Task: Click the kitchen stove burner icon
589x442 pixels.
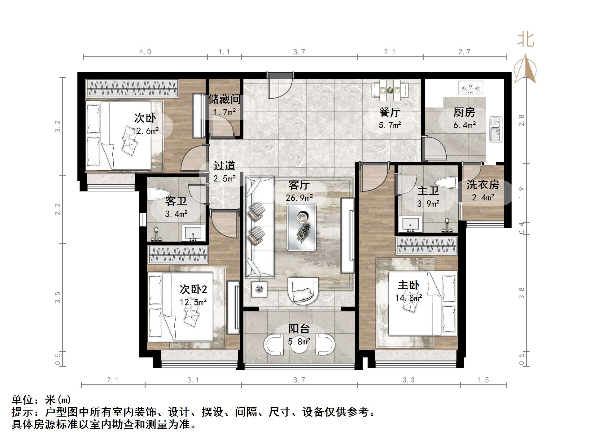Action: click(x=470, y=87)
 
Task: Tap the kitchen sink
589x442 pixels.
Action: click(x=495, y=129)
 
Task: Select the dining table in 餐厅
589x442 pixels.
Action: click(x=390, y=90)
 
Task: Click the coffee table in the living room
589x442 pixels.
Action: click(x=302, y=227)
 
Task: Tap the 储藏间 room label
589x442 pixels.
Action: click(x=225, y=99)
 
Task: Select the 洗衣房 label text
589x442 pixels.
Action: click(x=483, y=185)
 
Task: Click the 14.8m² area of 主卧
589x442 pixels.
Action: click(x=408, y=298)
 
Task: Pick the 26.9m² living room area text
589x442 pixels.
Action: click(x=299, y=198)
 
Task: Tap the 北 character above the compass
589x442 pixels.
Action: click(x=526, y=40)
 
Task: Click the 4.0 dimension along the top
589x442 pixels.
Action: click(x=145, y=52)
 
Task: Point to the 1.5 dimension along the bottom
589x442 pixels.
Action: click(x=483, y=380)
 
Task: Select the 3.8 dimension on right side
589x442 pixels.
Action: click(x=521, y=293)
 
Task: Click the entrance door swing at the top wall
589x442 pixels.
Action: click(x=279, y=86)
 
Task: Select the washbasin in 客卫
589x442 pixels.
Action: click(x=193, y=233)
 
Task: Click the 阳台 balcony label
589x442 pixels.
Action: click(x=299, y=329)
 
